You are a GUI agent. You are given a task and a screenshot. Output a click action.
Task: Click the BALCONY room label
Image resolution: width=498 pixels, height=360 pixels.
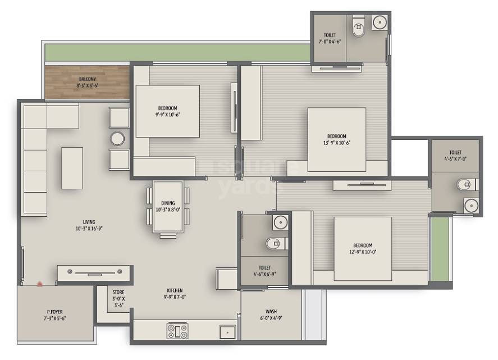(x=87, y=79)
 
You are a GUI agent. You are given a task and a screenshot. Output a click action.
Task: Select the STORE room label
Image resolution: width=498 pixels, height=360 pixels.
(x=118, y=292)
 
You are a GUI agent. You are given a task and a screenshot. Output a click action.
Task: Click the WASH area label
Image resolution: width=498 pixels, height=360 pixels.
(x=271, y=312)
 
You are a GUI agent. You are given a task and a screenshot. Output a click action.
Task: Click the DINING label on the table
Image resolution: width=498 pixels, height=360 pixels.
(x=168, y=203)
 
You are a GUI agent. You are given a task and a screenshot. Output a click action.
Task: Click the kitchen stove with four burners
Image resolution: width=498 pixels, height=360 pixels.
(x=178, y=330)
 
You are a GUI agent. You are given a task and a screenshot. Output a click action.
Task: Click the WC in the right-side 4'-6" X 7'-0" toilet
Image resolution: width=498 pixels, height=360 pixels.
(x=466, y=184)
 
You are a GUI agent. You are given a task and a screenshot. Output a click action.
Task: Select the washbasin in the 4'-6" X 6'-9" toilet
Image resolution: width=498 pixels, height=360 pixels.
(x=280, y=223)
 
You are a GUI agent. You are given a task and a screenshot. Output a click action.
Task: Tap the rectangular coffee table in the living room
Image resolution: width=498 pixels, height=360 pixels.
(x=72, y=167)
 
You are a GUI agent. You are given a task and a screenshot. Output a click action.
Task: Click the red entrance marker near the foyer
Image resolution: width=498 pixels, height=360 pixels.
(x=39, y=284)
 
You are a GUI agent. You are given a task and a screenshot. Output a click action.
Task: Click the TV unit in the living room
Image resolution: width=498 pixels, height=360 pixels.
(x=95, y=273)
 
